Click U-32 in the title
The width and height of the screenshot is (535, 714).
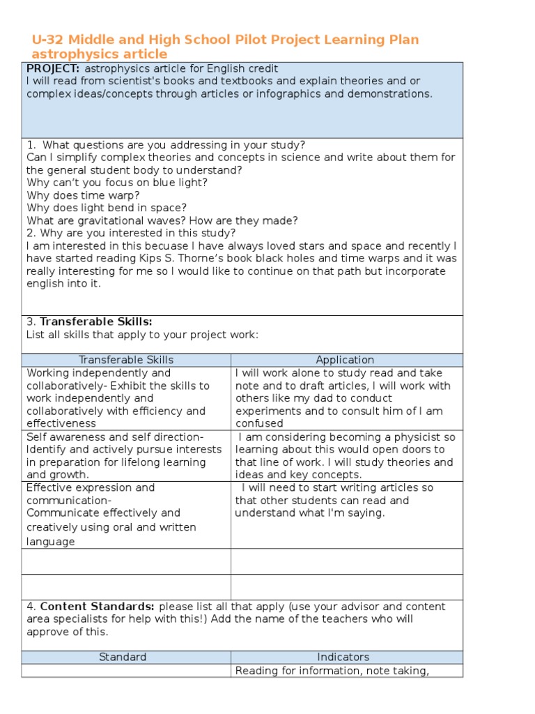click(x=48, y=40)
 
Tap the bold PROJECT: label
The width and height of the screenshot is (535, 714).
click(x=53, y=68)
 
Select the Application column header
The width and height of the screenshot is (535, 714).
click(x=345, y=360)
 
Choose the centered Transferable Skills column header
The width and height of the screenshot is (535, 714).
click(x=126, y=360)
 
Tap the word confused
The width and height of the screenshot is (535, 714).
click(x=259, y=423)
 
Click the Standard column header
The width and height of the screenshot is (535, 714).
click(x=123, y=657)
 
